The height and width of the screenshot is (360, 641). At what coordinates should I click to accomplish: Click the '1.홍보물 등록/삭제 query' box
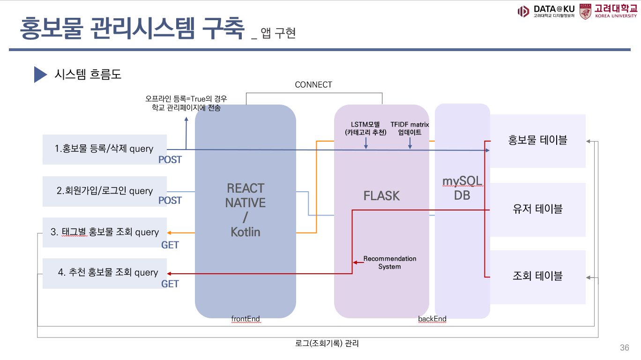[x=104, y=149]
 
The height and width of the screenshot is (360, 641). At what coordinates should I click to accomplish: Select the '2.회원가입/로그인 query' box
[x=104, y=191]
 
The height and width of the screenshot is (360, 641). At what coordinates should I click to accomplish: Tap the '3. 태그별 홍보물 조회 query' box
[x=104, y=232]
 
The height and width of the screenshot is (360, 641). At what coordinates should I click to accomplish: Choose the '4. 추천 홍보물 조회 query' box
[x=104, y=273]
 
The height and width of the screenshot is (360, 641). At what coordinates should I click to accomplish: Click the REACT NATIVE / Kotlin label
[x=245, y=210]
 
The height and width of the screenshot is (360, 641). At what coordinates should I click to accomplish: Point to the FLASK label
[x=381, y=196]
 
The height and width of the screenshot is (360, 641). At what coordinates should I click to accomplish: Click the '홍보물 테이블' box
[x=537, y=140]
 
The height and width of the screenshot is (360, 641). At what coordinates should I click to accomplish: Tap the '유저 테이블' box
[x=537, y=209]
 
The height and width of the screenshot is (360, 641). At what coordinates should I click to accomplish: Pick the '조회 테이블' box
[x=537, y=276]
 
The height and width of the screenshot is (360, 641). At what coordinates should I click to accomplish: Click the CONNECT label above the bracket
[x=313, y=85]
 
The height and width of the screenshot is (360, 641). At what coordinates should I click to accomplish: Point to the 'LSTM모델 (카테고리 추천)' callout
[x=365, y=128]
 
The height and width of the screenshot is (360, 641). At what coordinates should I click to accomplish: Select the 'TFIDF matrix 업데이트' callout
[x=410, y=128]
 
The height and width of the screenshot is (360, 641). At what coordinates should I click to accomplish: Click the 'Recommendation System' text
[x=389, y=262]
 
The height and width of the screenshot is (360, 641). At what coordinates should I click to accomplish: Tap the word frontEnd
[x=246, y=319]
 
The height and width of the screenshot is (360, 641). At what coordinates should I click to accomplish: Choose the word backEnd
[x=432, y=319]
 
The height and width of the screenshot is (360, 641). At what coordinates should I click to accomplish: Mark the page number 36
[x=624, y=347]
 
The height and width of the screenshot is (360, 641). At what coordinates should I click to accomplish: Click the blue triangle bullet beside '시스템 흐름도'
[x=40, y=74]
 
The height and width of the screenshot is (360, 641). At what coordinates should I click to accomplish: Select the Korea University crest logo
[x=585, y=12]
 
